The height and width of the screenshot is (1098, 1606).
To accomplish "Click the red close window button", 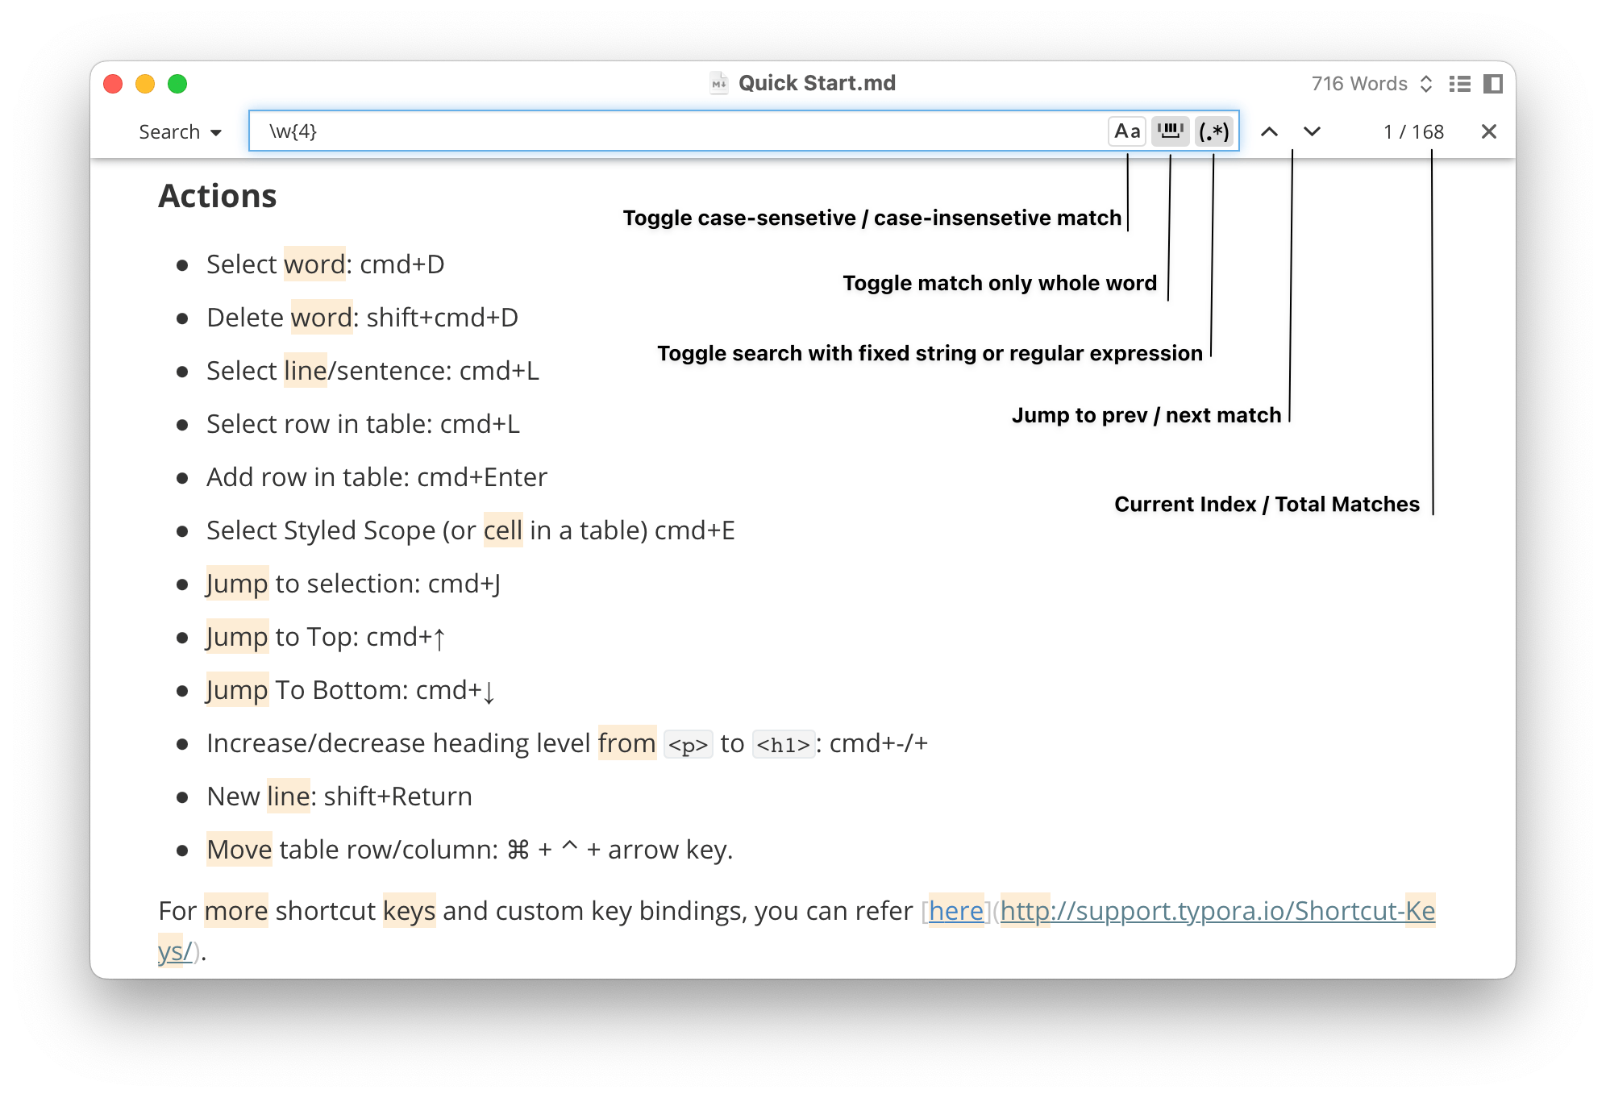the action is click(x=113, y=84).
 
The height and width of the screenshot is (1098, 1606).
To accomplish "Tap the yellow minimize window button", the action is click(x=145, y=84).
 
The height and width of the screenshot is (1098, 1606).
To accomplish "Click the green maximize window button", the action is click(x=177, y=84).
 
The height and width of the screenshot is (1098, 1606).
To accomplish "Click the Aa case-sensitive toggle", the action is click(x=1127, y=131).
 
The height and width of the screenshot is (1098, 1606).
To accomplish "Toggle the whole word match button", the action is click(x=1171, y=131).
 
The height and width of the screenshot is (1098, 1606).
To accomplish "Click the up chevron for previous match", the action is click(x=1269, y=131).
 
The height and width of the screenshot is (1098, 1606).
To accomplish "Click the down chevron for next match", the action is click(x=1312, y=131).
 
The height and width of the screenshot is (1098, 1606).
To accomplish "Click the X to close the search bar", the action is click(x=1488, y=131).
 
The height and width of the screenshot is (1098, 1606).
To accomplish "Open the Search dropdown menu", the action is click(x=180, y=132).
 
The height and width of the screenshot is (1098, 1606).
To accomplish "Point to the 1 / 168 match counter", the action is click(x=1413, y=132).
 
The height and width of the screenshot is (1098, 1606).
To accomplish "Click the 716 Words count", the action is click(x=1359, y=84).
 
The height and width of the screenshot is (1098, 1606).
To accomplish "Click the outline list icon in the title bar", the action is click(x=1459, y=84).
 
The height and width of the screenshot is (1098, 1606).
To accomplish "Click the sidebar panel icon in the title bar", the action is click(x=1493, y=84).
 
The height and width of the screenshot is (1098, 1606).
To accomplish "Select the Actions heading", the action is click(x=218, y=196).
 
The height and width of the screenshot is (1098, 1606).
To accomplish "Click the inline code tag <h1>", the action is click(x=784, y=744).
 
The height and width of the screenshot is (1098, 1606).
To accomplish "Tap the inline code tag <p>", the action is click(x=689, y=744).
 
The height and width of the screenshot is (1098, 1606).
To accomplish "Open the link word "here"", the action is click(x=956, y=911).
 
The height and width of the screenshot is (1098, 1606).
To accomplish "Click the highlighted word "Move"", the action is click(x=239, y=850).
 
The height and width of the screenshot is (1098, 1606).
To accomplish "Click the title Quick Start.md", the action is click(x=817, y=83).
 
